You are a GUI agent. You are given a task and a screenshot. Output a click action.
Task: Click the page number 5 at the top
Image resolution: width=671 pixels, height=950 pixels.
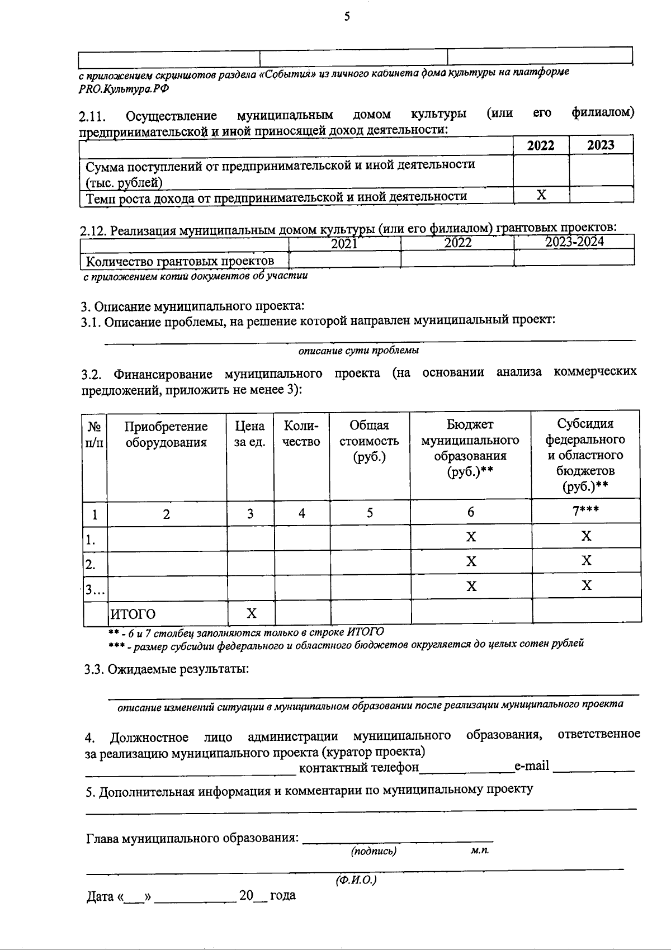(346, 17)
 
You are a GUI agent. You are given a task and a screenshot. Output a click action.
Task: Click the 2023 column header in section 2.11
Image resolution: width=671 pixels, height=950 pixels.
(601, 145)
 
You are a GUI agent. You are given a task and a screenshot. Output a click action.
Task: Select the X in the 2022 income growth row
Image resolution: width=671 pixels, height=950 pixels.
(541, 195)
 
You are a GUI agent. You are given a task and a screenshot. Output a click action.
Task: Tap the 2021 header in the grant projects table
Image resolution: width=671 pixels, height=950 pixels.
(344, 243)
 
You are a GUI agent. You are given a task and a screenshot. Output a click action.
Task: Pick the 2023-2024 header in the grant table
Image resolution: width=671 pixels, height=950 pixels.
(574, 242)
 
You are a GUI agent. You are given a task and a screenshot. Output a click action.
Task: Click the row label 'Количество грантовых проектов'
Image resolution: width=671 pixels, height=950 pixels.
(179, 261)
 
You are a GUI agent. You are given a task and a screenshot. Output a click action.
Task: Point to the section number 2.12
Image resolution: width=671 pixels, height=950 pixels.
(93, 230)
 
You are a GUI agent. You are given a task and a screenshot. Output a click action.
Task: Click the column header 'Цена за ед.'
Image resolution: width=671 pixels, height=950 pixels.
(250, 434)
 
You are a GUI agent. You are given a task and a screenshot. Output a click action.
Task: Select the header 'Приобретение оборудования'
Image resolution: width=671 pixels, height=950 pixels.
(166, 434)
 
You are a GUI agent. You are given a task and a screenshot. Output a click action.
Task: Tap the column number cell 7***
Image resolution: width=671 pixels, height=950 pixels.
(585, 512)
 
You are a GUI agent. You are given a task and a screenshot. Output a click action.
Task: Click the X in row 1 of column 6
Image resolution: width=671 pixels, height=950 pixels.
(471, 537)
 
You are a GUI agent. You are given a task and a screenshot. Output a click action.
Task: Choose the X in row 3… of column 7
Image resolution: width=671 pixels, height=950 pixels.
(586, 585)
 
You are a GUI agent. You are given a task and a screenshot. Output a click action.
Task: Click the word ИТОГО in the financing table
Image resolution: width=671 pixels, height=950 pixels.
(133, 614)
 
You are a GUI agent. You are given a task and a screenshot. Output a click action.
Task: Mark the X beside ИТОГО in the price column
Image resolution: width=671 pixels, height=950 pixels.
(252, 613)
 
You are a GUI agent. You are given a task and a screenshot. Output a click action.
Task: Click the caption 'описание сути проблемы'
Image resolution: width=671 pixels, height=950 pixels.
(358, 351)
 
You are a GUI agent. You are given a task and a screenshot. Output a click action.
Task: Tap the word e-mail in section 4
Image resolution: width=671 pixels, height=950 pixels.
(532, 765)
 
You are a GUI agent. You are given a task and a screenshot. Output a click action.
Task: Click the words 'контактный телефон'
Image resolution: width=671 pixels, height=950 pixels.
(359, 767)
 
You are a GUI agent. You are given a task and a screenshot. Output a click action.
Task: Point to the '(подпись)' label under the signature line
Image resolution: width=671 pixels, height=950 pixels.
(374, 851)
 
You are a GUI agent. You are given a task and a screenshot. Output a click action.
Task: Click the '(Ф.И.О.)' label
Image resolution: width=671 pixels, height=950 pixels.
(356, 880)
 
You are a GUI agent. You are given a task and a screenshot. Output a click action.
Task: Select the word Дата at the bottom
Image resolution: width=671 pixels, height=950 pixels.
(101, 897)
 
